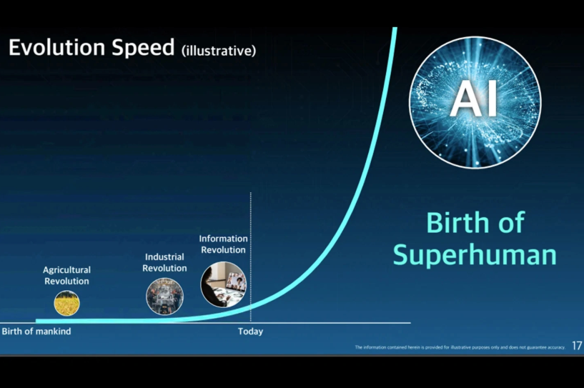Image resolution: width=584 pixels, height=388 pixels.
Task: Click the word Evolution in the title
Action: tap(56, 47)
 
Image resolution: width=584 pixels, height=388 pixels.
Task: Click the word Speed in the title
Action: tap(143, 49)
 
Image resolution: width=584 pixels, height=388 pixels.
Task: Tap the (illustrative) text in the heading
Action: tap(219, 51)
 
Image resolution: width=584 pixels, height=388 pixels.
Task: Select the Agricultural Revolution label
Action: tap(66, 275)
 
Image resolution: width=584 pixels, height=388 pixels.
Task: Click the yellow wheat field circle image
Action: tap(66, 303)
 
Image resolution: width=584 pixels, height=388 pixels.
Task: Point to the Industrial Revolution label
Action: tap(164, 262)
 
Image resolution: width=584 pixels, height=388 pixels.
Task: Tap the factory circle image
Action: tap(164, 297)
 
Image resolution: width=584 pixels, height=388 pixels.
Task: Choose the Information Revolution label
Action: tap(223, 244)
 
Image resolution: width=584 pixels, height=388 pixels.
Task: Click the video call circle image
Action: tap(224, 284)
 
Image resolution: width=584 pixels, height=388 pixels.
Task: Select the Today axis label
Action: tap(251, 331)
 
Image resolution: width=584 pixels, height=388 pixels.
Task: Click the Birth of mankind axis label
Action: tap(36, 331)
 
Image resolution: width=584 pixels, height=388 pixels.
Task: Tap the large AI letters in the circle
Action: tap(474, 99)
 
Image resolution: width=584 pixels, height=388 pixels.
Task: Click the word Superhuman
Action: tap(475, 255)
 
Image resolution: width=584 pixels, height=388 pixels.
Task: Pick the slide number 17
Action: tap(577, 346)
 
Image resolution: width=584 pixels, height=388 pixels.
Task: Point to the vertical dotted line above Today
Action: tap(251, 257)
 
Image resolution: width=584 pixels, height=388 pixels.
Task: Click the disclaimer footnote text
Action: tap(460, 347)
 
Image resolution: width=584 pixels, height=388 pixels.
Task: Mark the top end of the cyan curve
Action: tap(395, 28)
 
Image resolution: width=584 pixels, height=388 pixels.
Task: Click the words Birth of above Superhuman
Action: tap(475, 222)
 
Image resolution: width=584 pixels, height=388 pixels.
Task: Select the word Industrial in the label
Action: tap(164, 257)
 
